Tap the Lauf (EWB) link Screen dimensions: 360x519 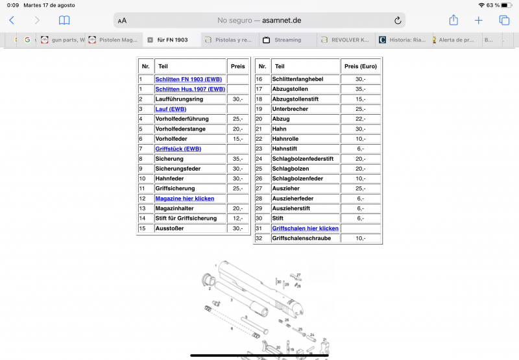tap(171, 109)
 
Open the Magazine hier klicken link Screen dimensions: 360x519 tap(185, 198)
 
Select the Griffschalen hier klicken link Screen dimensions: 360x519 tap(305, 228)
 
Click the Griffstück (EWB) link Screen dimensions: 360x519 tap(178, 149)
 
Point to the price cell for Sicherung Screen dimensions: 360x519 tap(237, 159)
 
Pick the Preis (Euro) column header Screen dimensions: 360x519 tap(361, 66)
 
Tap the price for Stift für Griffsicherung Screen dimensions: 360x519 tap(237, 219)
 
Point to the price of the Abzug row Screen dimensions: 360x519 tap(361, 119)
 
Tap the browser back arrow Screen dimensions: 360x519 tap(12, 20)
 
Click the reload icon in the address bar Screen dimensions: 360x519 tap(398, 20)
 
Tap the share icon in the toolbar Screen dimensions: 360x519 tap(453, 20)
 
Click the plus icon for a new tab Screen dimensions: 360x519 tap(479, 20)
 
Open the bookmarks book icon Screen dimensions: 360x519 tap(64, 20)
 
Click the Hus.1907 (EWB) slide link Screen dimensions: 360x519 tap(189, 89)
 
